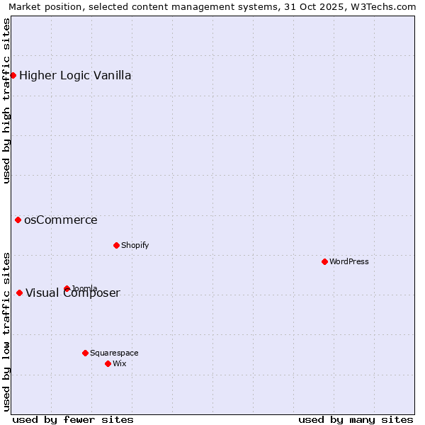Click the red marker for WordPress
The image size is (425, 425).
click(x=324, y=261)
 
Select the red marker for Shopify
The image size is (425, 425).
click(x=116, y=245)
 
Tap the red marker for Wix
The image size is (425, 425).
click(x=108, y=363)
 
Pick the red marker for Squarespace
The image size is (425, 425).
click(x=85, y=353)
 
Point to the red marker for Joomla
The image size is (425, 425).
click(x=67, y=288)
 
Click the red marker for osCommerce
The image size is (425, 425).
click(x=18, y=220)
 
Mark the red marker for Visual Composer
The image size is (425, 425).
click(x=19, y=293)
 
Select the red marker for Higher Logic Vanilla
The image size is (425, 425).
click(x=13, y=75)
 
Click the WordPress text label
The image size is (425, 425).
click(x=348, y=261)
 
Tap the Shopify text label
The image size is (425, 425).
click(x=135, y=245)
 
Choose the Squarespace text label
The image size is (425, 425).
click(x=114, y=353)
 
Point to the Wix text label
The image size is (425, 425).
click(x=119, y=363)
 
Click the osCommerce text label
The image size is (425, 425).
click(x=61, y=220)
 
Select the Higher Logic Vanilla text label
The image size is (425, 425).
click(x=75, y=75)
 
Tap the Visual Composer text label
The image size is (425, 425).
click(x=73, y=293)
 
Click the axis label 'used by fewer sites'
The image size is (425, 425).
click(x=73, y=419)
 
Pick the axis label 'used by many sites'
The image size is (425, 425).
click(x=356, y=419)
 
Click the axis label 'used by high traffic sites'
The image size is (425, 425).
click(x=6, y=101)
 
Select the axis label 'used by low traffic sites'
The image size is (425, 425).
click(x=6, y=331)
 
